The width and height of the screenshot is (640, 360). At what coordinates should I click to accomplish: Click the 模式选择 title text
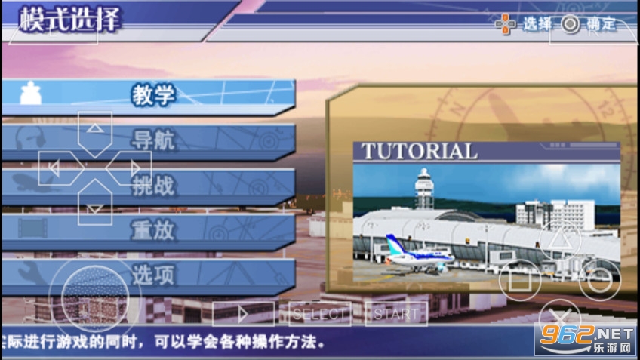(x=69, y=20)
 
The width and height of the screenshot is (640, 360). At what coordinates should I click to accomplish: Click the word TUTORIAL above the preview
(x=420, y=151)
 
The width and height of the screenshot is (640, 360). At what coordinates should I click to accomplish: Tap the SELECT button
(x=321, y=313)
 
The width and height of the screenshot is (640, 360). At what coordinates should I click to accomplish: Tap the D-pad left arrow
(x=55, y=168)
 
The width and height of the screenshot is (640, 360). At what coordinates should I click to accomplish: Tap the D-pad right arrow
(x=134, y=168)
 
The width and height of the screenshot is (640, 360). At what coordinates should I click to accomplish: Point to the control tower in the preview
(x=426, y=189)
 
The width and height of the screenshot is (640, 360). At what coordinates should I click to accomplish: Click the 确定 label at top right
(x=602, y=25)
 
